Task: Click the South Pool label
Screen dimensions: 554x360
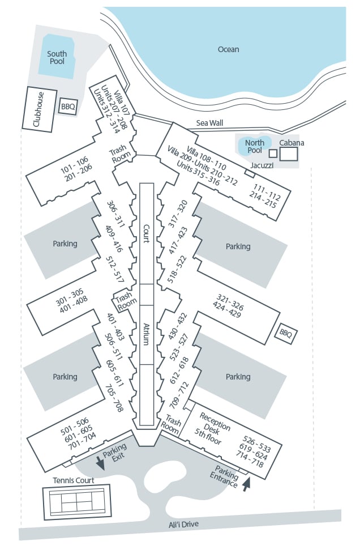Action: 57,58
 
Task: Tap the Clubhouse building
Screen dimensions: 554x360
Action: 39,108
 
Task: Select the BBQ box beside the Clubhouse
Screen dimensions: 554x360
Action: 68,106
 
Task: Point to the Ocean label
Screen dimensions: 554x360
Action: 228,49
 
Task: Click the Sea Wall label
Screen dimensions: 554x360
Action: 210,122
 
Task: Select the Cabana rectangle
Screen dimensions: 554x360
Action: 288,154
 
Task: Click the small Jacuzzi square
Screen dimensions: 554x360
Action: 273,153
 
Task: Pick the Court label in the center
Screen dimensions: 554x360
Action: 146,233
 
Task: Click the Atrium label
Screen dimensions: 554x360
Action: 146,335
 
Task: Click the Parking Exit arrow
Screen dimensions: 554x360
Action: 100,464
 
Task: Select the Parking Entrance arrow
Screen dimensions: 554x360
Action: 246,484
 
